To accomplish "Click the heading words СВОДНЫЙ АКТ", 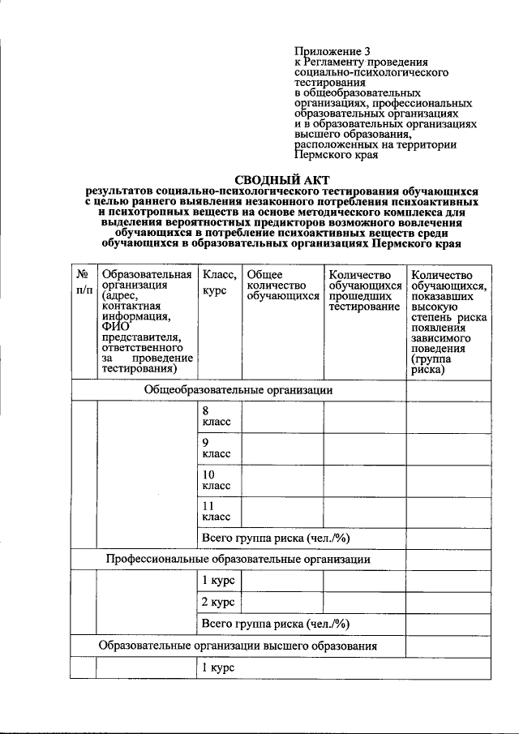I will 283,180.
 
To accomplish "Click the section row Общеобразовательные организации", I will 238,389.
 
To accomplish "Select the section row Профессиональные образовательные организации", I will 238,560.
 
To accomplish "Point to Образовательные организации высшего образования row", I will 238,646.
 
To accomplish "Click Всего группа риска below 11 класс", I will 274,538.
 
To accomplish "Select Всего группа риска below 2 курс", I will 274,624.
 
